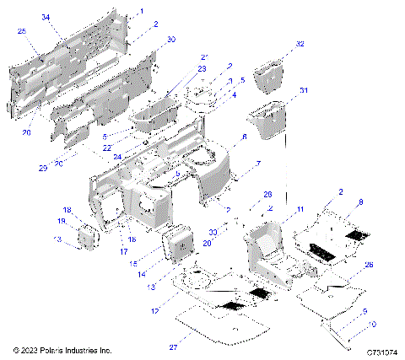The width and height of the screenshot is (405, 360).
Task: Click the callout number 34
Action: (45, 17)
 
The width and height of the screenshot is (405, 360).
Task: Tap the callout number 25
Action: (21, 31)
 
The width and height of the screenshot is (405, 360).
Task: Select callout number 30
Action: (172, 40)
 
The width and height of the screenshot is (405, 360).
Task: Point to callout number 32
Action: (300, 44)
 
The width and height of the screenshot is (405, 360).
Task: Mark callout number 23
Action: (179, 69)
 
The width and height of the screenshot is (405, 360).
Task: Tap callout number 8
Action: (359, 202)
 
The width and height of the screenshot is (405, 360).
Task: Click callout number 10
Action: (372, 325)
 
